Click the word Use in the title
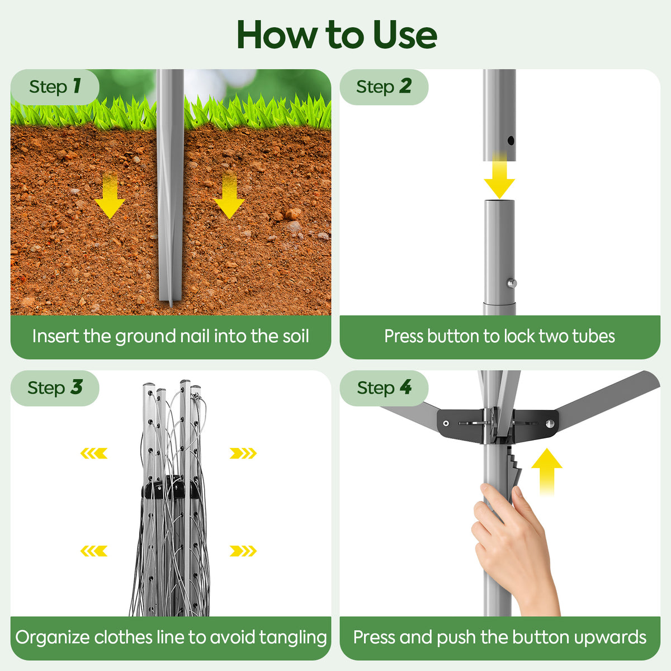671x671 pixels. pyautogui.click(x=405, y=35)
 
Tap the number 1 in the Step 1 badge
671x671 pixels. pyautogui.click(x=77, y=86)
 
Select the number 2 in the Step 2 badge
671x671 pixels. pyautogui.click(x=405, y=86)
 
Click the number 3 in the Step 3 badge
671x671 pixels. pyautogui.click(x=76, y=387)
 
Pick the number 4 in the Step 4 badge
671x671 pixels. pyautogui.click(x=405, y=387)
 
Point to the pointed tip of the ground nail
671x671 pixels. pyautogui.click(x=171, y=306)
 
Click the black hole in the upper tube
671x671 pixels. pyautogui.click(x=511, y=141)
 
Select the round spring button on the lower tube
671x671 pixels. pyautogui.click(x=512, y=283)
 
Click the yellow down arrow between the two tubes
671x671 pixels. pyautogui.click(x=499, y=176)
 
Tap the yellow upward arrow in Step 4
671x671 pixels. pyautogui.click(x=547, y=472)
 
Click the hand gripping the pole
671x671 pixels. pyautogui.click(x=516, y=550)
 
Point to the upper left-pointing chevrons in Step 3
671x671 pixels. pyautogui.click(x=94, y=453)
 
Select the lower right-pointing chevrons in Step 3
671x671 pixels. pyautogui.click(x=243, y=551)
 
